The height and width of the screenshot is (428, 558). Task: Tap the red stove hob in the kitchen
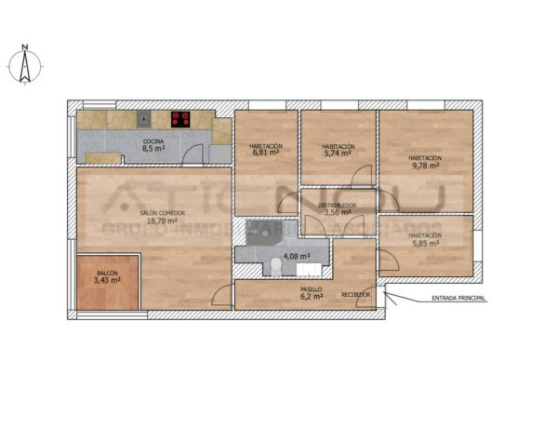tap(180, 119)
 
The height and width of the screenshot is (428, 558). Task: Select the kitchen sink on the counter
tap(144, 118)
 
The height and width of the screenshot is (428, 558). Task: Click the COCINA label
tap(153, 140)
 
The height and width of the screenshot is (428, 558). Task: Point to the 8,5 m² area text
tap(153, 148)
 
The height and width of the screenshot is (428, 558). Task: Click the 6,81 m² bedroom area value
tap(265, 154)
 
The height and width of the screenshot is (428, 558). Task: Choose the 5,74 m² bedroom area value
tap(338, 154)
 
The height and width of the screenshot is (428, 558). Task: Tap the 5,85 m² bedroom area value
tap(424, 244)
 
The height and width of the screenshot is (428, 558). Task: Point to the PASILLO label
tap(311, 289)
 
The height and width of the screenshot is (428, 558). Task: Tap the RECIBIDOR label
tap(355, 295)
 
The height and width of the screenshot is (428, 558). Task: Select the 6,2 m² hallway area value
tap(311, 297)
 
